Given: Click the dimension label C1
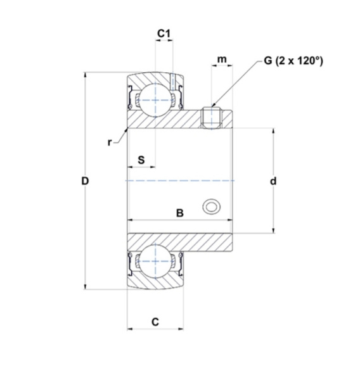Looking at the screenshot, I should [164, 32].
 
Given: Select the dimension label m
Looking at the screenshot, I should [222, 60].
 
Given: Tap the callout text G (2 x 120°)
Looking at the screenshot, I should [293, 61].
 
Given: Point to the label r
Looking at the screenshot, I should [110, 142].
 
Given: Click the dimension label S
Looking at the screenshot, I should [141, 160].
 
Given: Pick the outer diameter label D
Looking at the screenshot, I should [85, 181].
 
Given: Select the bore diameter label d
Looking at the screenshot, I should [273, 181].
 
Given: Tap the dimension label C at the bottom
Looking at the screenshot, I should [155, 322].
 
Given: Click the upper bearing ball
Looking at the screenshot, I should [155, 99].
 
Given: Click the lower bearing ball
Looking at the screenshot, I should [155, 262].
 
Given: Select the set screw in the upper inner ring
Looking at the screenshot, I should [210, 117].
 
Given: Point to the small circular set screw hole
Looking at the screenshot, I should [210, 206].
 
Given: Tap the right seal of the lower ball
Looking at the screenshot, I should [179, 262].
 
